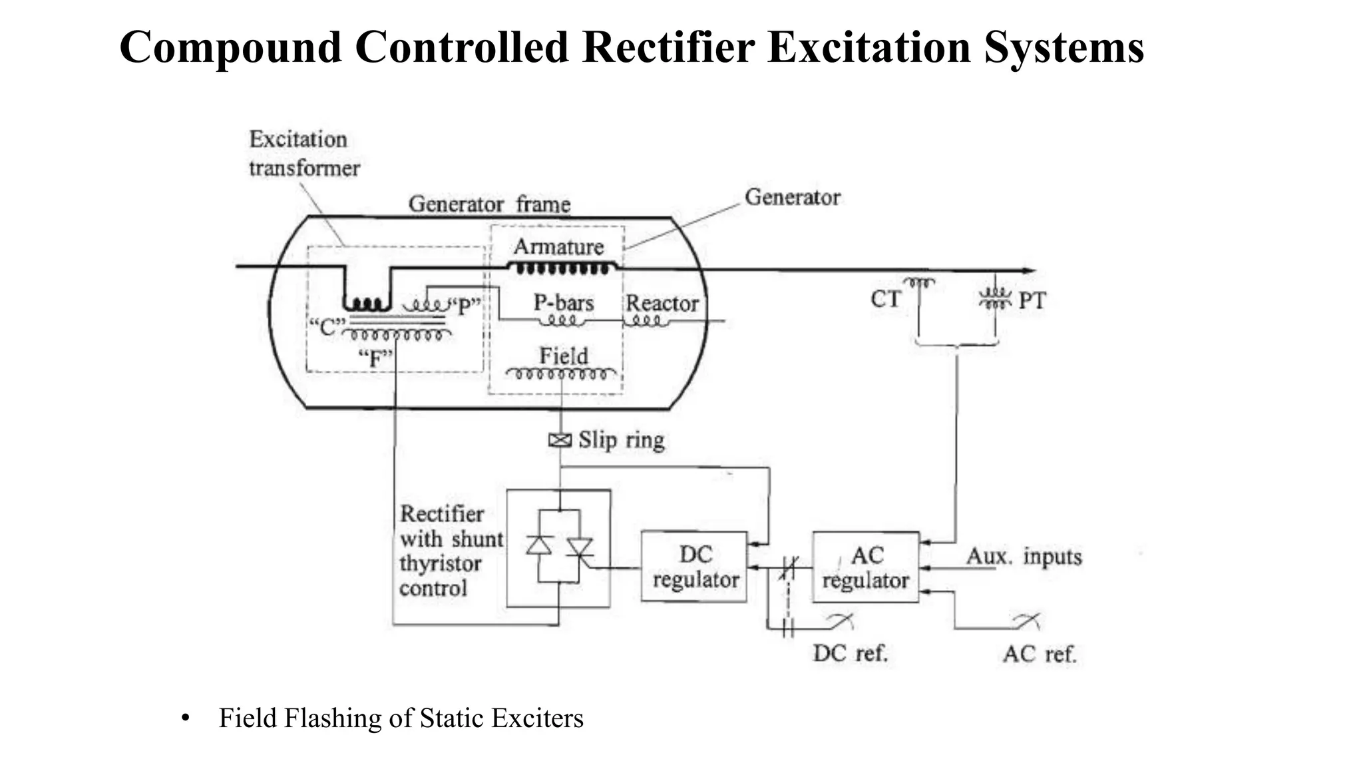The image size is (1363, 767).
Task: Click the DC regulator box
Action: (x=694, y=567)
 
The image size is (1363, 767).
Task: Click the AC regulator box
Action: (x=865, y=567)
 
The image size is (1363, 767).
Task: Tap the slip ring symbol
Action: (x=560, y=440)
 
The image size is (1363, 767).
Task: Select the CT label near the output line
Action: (x=885, y=300)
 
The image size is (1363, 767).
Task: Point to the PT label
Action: (x=1032, y=301)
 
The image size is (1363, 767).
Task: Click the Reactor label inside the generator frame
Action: (x=662, y=303)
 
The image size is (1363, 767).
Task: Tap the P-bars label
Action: (x=563, y=303)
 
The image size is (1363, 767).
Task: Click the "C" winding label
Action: (x=327, y=327)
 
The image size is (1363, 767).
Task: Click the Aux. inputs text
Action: (x=1024, y=556)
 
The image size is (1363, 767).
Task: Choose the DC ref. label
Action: (x=850, y=653)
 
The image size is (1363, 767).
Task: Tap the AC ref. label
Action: (x=1039, y=654)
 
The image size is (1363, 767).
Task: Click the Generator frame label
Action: (x=489, y=204)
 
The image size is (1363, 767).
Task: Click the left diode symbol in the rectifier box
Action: (x=538, y=546)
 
